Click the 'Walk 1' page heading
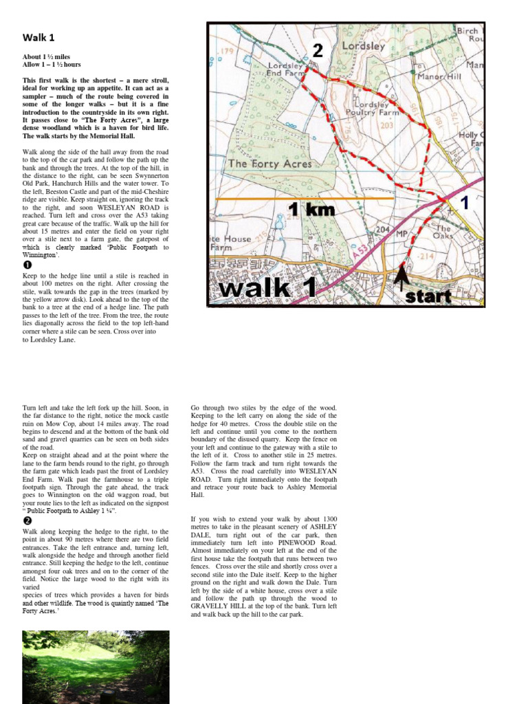38,37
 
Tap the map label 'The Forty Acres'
269,164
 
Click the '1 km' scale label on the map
311,210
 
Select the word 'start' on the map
428,297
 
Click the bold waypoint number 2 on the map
317,50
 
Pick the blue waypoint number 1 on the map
464,203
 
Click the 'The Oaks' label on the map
443,233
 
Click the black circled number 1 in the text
28,265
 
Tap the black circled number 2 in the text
28,521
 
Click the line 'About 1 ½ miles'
46,56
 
